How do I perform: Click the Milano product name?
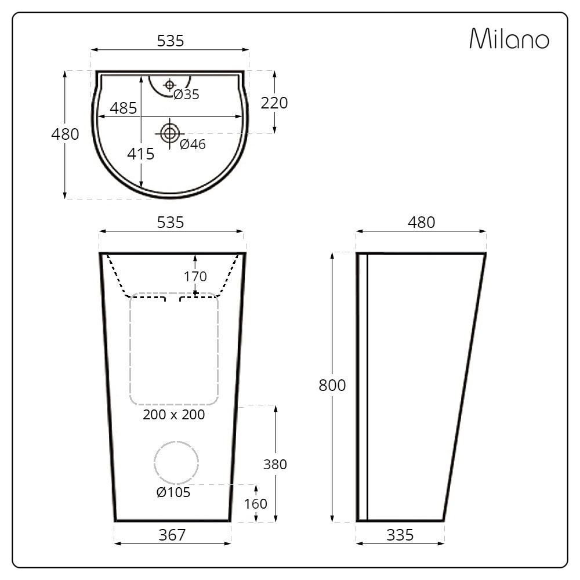[509, 39]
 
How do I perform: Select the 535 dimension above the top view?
[171, 41]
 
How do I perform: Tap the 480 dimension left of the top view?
[65, 134]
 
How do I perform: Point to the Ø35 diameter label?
[186, 95]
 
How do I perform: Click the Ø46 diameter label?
[193, 144]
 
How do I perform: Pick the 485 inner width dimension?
[123, 108]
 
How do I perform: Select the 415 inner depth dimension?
[141, 154]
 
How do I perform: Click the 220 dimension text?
[274, 103]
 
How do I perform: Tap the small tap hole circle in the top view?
[169, 85]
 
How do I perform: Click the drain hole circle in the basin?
[169, 133]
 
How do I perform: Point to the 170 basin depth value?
[195, 276]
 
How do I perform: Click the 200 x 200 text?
[174, 415]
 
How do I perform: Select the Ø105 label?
[173, 492]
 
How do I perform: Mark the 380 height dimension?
[275, 464]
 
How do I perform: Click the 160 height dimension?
[256, 503]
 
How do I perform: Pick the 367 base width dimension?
[172, 535]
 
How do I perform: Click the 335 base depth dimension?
[400, 535]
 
